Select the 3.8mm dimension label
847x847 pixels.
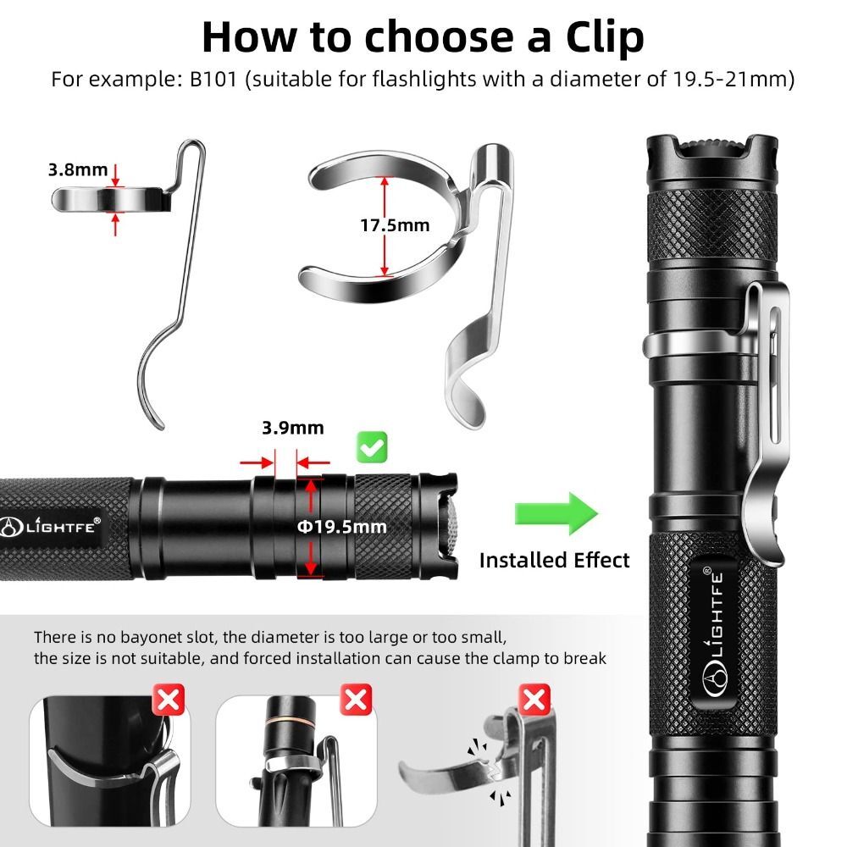click(78, 169)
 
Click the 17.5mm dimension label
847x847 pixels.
click(395, 225)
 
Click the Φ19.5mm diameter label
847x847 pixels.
click(341, 527)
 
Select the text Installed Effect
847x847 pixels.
click(554, 560)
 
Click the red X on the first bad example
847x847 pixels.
click(170, 700)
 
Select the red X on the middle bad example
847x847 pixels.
click(355, 700)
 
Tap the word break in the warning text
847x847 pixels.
click(586, 658)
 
